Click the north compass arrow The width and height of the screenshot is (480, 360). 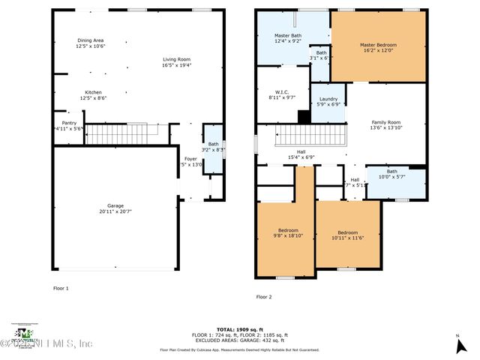(458, 344)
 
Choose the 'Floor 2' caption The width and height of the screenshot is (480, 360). (264, 297)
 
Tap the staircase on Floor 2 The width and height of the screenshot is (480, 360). (312, 136)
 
